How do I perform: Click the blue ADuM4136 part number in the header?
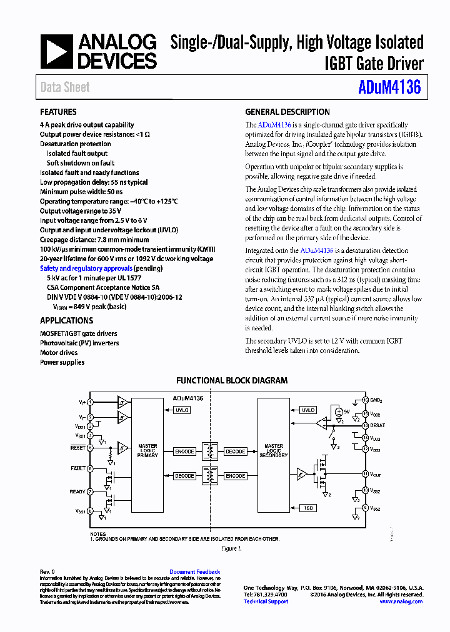tap(390, 87)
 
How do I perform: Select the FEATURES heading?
tap(58, 112)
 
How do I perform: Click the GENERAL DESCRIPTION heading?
tap(287, 112)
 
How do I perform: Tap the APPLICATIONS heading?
tap(67, 321)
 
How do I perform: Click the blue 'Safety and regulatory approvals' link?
tap(86, 269)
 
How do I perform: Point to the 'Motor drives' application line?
tap(59, 353)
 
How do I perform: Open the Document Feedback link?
tap(194, 572)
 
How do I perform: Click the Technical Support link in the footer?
tap(266, 601)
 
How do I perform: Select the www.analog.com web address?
tap(401, 601)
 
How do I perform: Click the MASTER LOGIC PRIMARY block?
tap(147, 451)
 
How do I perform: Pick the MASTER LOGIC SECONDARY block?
tap(274, 451)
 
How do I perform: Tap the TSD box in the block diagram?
tap(308, 508)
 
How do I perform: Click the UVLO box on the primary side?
tap(182, 410)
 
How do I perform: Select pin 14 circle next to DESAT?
tap(366, 425)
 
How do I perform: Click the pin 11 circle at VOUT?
tap(366, 474)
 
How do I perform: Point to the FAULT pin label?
tap(78, 468)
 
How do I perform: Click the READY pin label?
tap(77, 491)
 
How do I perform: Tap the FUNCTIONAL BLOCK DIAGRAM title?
tap(232, 380)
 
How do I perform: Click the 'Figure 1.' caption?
tap(231, 548)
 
